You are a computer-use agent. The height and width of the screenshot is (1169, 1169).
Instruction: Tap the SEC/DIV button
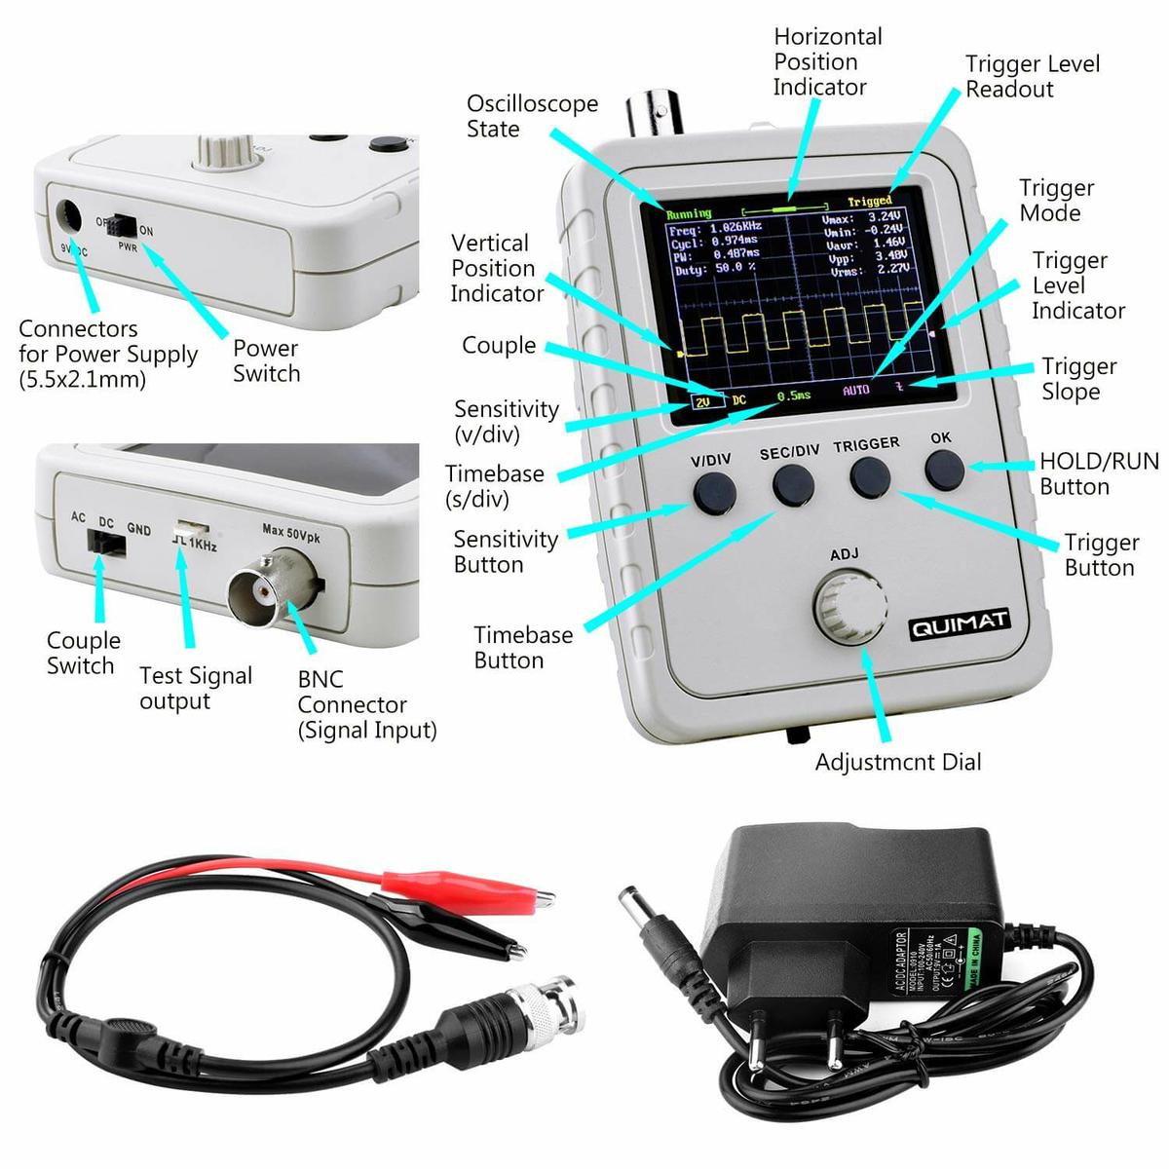794,484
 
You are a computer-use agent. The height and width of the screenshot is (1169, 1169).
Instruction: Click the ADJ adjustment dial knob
849,607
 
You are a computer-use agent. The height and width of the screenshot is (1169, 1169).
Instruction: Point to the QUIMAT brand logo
960,624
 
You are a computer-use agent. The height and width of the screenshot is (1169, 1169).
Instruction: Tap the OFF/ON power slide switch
123,225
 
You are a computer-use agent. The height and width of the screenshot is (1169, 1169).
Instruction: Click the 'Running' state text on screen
689,213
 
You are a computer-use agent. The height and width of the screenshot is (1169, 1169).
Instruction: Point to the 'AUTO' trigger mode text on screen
855,390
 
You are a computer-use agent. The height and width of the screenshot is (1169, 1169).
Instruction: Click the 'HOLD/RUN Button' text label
1098,473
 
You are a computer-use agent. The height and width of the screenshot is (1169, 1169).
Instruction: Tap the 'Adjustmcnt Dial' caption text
897,762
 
